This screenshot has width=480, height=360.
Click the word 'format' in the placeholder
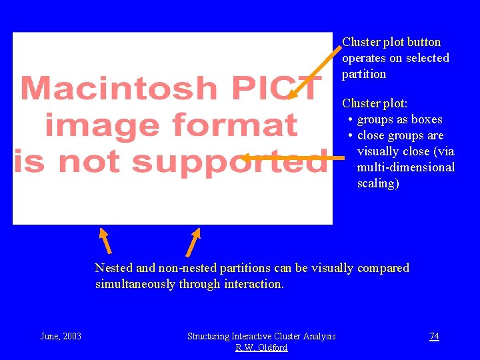coord(235,125)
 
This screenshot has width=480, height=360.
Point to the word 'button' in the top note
coord(423,42)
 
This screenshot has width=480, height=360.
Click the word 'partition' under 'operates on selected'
coord(364,74)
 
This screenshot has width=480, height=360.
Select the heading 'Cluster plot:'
coord(375,103)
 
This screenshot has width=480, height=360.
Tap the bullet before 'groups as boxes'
coord(350,120)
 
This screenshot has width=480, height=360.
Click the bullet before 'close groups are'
coord(350,136)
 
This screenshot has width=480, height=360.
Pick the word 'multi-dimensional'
coord(405,167)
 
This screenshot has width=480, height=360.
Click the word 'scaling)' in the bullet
coord(378,183)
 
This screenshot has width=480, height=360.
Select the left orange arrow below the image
coord(105,241)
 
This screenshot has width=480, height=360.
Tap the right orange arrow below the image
coord(193,242)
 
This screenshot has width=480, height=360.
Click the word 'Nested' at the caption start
coord(114,268)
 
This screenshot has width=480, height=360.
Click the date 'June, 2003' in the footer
coord(61,336)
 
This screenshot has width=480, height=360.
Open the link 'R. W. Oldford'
coord(261,347)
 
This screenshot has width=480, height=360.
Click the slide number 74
coord(434,336)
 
